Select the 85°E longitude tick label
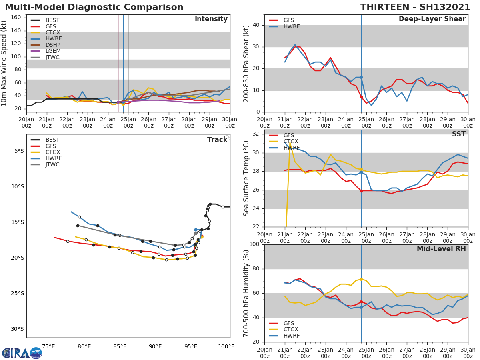[120, 346]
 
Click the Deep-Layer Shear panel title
[432, 19]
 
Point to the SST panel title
[458, 134]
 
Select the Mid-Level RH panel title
[441, 249]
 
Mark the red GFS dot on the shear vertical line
[361, 97]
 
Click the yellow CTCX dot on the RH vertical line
[361, 279]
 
